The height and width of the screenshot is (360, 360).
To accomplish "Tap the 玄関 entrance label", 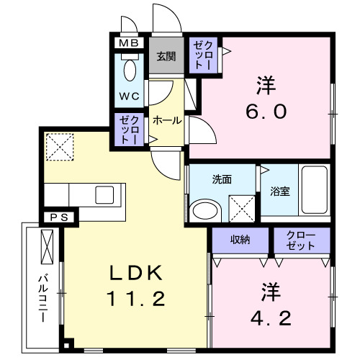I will click(x=166, y=57).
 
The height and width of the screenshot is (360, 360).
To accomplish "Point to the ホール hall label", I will click(x=166, y=121).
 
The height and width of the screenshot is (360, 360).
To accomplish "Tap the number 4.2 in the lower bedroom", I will click(x=271, y=318).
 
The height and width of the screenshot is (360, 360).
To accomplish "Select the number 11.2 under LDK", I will click(x=138, y=297).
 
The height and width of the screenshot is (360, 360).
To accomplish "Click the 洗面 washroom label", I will click(x=222, y=179).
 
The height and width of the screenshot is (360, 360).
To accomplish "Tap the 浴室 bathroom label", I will click(x=280, y=192).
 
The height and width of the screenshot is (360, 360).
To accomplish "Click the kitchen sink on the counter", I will click(x=106, y=194).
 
